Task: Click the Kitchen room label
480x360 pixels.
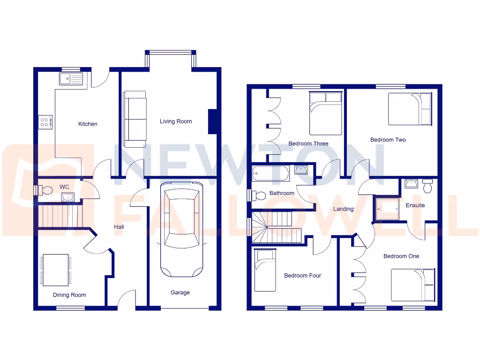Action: (88, 124)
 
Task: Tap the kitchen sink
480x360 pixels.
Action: (71, 79)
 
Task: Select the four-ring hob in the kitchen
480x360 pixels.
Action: (45, 122)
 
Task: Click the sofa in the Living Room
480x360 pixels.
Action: (135, 119)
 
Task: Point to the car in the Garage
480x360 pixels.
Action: (182, 230)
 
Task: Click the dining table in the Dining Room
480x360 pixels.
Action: (56, 270)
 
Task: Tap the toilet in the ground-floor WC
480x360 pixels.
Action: (45, 190)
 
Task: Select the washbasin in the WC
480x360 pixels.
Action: (67, 197)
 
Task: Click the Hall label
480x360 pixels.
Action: (119, 227)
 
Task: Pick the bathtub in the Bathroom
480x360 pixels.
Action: (271, 174)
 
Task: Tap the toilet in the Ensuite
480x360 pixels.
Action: (427, 187)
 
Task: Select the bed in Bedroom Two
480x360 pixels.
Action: (410, 109)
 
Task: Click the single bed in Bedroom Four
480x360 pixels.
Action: (264, 270)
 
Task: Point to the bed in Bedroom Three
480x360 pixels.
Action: (325, 113)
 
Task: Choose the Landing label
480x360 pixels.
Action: (343, 209)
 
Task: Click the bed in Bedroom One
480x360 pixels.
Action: (412, 285)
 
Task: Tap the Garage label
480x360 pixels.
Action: (180, 292)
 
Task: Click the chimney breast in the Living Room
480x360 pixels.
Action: (212, 122)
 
